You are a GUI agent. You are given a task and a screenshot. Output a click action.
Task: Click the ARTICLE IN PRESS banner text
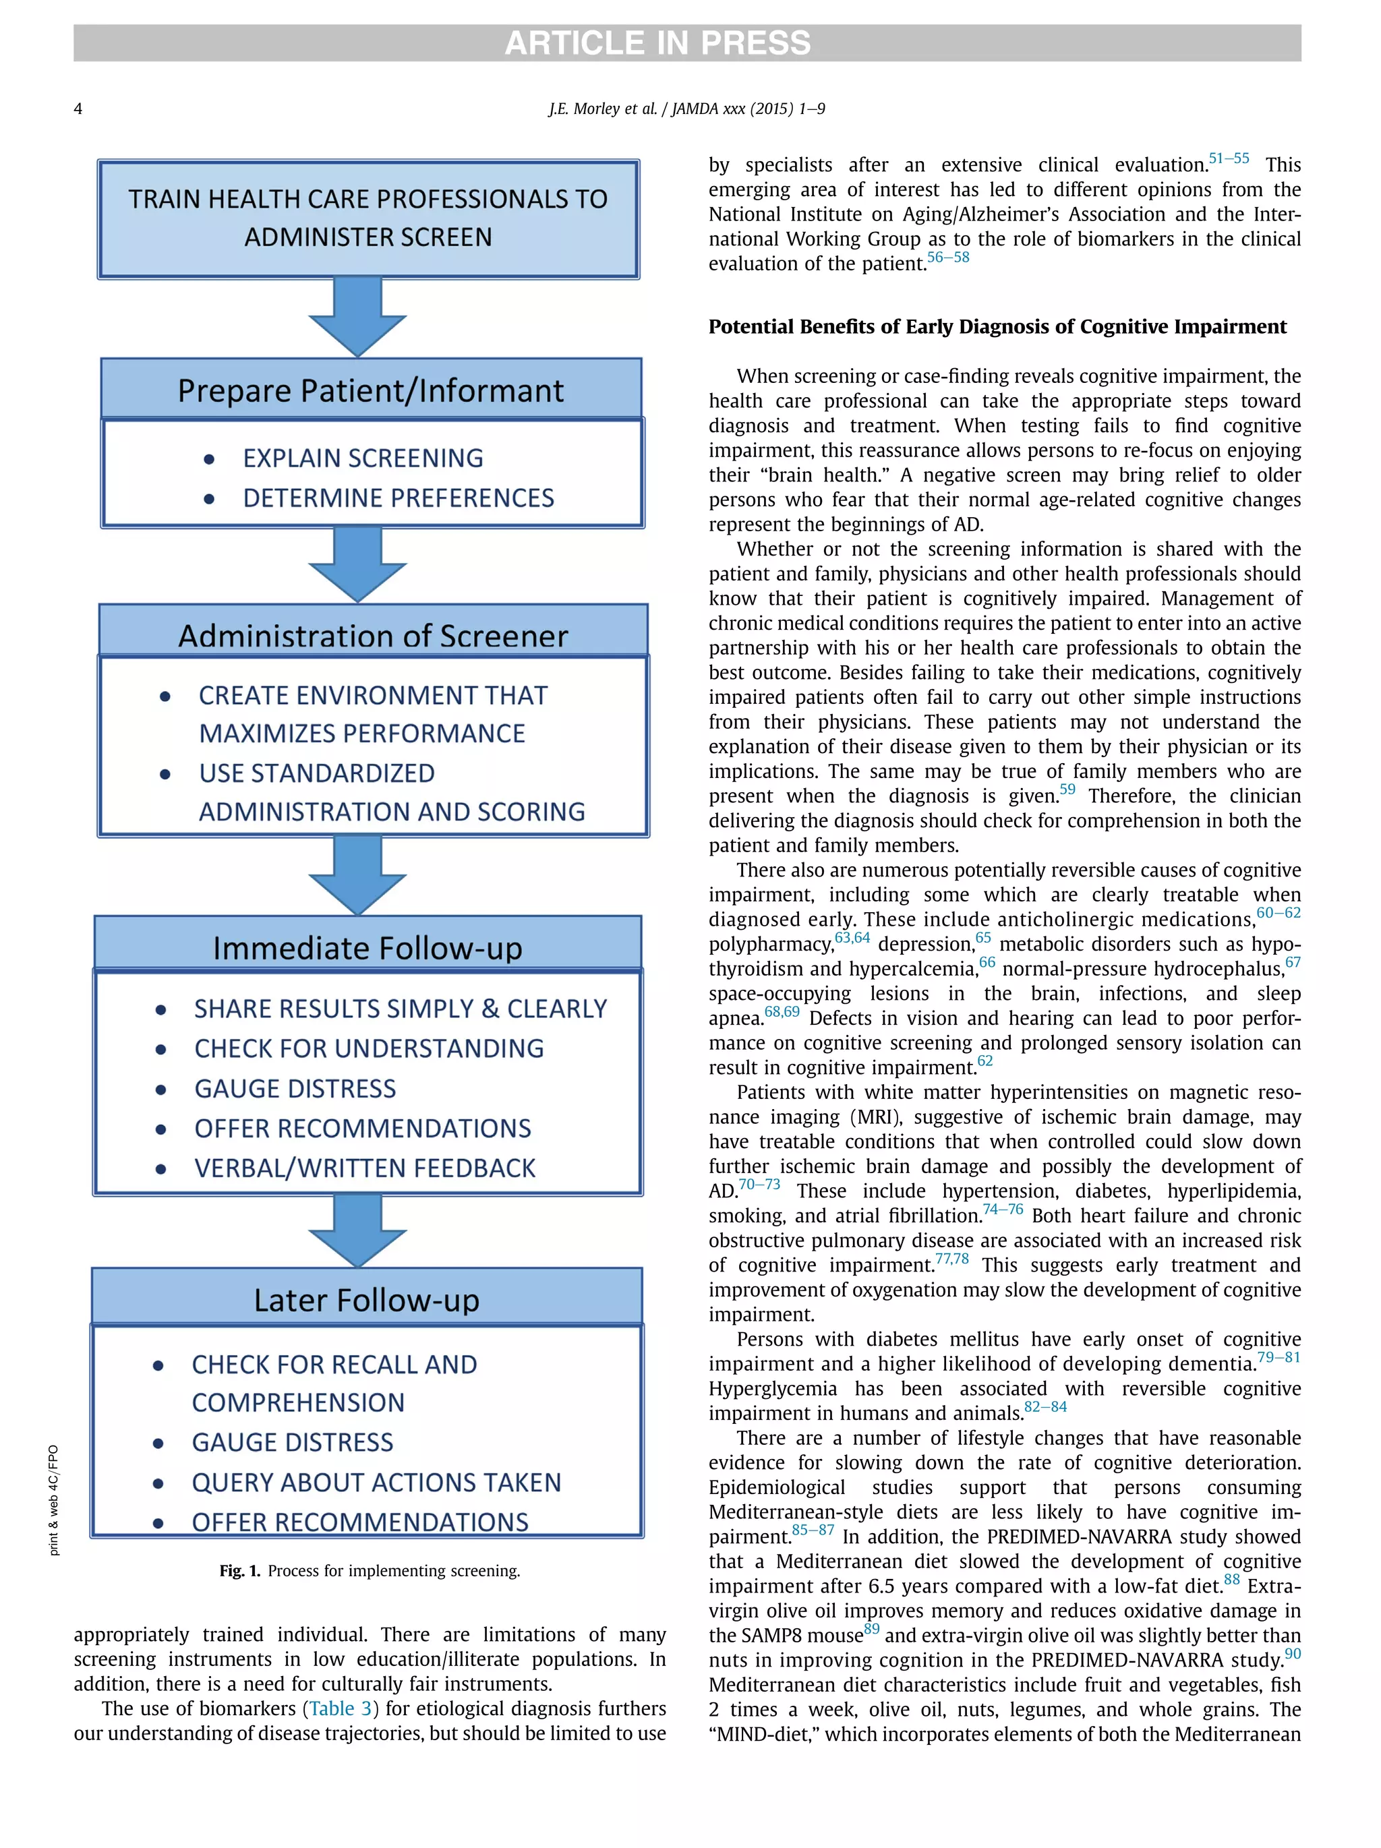point(657,42)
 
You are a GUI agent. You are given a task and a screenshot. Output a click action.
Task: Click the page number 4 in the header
point(78,109)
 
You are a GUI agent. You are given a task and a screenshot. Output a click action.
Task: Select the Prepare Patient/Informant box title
point(370,390)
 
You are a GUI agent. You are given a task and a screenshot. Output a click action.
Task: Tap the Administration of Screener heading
point(373,636)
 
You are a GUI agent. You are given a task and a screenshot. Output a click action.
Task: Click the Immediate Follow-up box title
point(367,948)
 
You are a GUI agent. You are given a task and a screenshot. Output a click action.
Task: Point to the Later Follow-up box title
point(366,1300)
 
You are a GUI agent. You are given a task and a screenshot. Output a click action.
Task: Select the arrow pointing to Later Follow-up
point(357,1230)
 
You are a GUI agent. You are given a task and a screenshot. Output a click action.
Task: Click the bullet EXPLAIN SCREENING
point(363,458)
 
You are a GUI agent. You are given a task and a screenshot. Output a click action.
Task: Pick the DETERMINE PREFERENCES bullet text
point(398,498)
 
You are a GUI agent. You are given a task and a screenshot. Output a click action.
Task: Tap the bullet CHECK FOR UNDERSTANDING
point(368,1048)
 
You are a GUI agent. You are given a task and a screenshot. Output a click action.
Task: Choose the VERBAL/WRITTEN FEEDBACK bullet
point(364,1168)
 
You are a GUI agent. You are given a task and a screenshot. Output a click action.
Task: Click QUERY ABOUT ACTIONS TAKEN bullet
point(376,1482)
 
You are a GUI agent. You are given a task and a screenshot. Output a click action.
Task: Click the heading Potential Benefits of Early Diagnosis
point(997,327)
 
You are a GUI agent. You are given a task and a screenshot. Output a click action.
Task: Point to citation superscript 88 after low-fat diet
point(1231,1579)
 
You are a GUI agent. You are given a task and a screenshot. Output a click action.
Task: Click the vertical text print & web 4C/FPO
point(53,1499)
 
